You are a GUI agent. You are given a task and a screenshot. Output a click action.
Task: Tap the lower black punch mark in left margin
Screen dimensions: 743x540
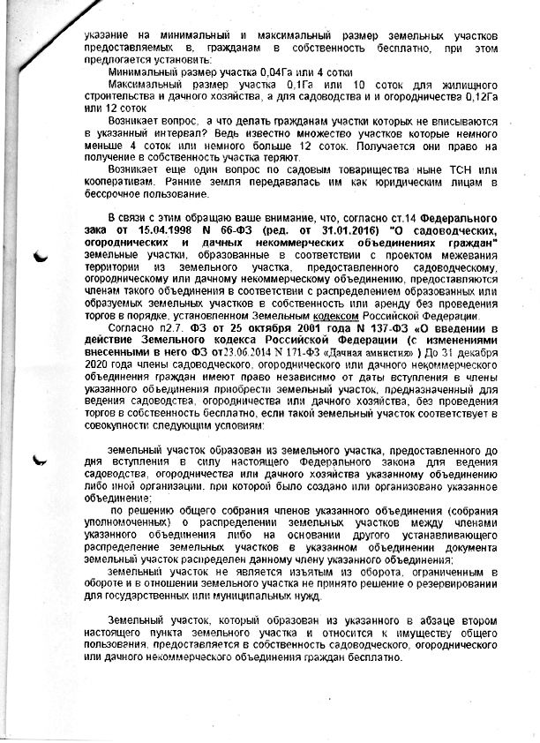pyautogui.click(x=40, y=460)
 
